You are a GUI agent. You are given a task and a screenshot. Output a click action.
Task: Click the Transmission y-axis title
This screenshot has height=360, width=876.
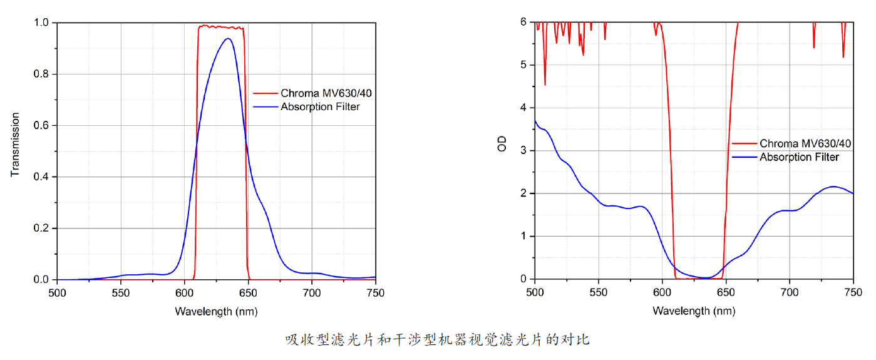point(16,145)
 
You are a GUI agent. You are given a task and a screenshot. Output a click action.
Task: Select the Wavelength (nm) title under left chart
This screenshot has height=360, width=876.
point(216,311)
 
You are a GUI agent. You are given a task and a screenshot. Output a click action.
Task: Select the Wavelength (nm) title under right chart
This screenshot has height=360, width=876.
point(693,311)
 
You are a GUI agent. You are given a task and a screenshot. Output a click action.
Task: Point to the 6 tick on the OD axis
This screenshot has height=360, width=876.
point(523,22)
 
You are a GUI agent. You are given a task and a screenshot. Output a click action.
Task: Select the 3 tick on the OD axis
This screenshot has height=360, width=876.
point(523,150)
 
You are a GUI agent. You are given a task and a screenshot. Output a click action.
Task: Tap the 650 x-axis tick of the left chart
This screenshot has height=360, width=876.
point(248,292)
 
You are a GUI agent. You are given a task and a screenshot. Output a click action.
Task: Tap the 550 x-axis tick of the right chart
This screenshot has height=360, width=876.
point(599,292)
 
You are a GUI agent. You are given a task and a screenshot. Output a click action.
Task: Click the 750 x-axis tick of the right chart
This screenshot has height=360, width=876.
point(853,292)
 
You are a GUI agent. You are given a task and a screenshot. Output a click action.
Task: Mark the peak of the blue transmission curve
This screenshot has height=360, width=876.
point(228,39)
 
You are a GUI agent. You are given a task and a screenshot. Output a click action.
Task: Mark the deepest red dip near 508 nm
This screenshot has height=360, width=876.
point(545,85)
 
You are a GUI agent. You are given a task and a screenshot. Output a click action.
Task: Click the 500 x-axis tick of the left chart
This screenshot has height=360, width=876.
point(57,292)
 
